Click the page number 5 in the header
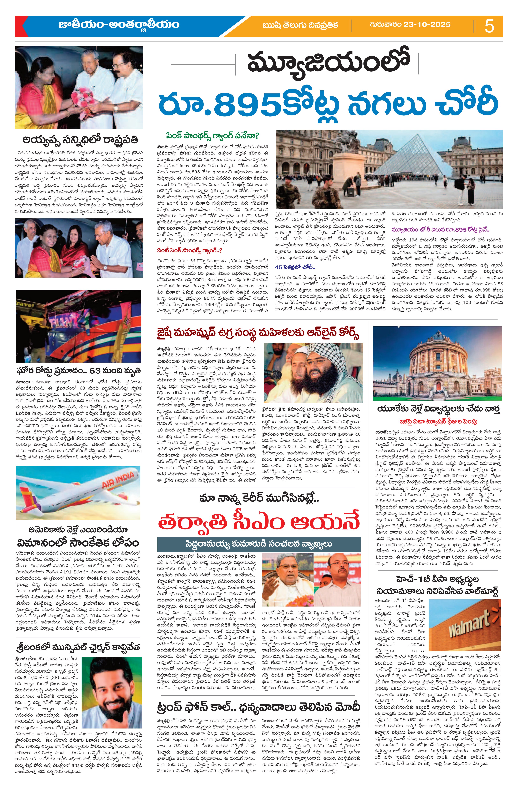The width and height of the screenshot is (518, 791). tap(489, 26)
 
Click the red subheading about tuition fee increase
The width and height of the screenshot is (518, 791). tap(436, 421)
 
